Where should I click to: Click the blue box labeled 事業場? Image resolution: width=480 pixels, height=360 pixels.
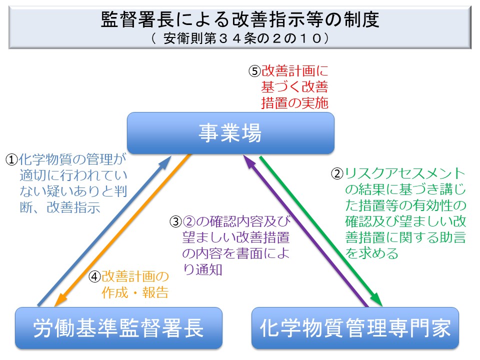230,133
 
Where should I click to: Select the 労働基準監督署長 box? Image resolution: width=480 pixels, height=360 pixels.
118,328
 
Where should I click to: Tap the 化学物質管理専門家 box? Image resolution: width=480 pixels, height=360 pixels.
355,328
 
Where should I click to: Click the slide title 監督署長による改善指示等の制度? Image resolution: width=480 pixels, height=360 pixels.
240,20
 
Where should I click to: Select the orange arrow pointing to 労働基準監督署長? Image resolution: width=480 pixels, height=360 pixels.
122,230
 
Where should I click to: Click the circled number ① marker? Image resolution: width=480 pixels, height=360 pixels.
11,160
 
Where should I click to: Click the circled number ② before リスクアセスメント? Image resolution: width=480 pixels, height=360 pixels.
338,174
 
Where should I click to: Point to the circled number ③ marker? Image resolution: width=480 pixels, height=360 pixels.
175,221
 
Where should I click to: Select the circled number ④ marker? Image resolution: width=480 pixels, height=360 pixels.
95,277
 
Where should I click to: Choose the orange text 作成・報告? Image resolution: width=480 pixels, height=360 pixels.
135,292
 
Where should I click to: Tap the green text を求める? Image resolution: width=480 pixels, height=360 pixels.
372,253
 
